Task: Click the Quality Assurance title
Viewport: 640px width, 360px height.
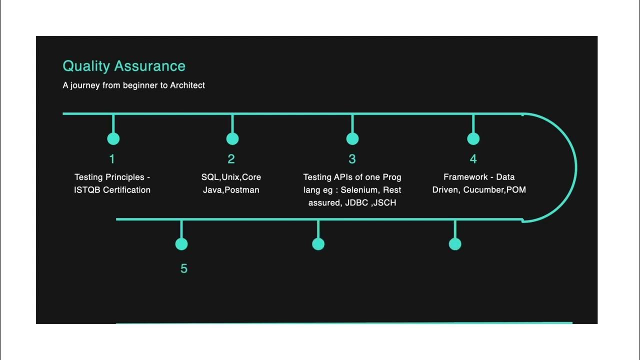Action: click(124, 66)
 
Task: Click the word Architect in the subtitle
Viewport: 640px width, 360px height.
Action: click(187, 85)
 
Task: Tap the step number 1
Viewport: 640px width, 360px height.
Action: click(112, 159)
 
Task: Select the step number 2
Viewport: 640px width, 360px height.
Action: click(231, 159)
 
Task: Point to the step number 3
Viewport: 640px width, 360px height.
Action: click(352, 159)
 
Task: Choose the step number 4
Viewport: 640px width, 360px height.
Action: click(473, 159)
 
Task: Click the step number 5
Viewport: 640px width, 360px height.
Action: click(183, 268)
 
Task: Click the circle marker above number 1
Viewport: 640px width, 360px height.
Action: click(113, 138)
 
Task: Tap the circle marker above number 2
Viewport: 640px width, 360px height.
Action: click(232, 138)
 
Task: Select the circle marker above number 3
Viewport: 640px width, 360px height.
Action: click(352, 138)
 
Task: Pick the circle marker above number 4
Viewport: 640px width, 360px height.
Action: click(473, 138)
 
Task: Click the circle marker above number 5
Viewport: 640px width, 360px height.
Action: click(181, 244)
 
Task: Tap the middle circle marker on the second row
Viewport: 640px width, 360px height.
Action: click(318, 244)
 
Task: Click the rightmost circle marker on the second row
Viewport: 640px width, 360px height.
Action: click(455, 244)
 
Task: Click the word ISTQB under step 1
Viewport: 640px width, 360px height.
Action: click(87, 190)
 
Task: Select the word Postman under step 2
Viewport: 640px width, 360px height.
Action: click(242, 190)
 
